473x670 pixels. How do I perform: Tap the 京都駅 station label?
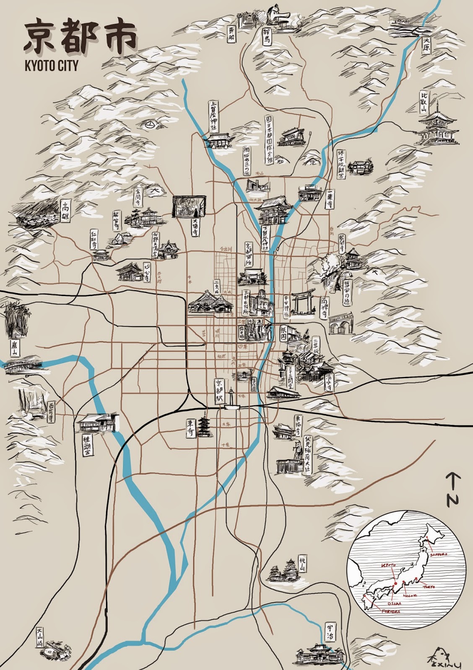(218, 391)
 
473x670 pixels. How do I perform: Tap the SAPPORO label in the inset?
(438, 554)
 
